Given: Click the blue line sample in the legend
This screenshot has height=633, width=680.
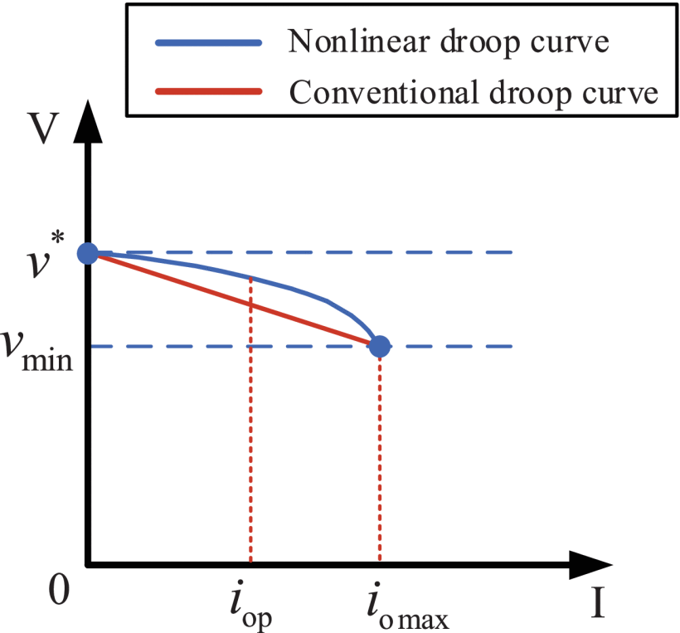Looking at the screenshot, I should [x=207, y=43].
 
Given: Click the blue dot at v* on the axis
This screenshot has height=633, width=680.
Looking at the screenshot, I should [x=88, y=252].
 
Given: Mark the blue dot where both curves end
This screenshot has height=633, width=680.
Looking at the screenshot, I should [x=379, y=345].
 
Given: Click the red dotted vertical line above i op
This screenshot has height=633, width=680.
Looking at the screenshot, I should [x=250, y=431].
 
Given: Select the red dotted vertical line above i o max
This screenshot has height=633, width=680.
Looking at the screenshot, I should [x=379, y=456].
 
